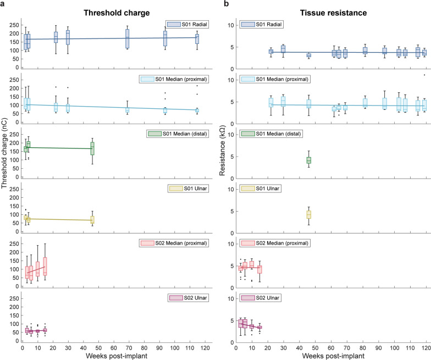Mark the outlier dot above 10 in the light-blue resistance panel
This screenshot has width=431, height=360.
click(424, 75)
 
